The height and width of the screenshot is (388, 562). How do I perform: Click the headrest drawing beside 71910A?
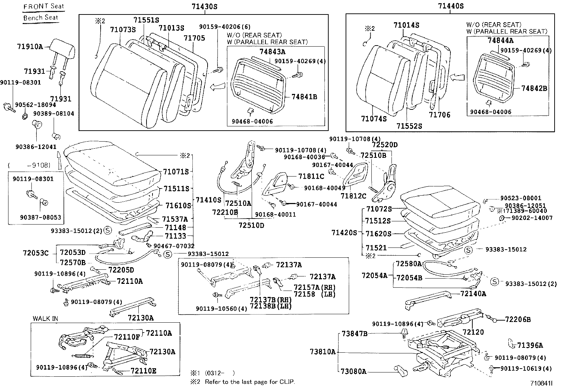point(62,48)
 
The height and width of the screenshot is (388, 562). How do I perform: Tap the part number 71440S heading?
point(450,6)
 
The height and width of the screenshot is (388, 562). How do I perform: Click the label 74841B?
point(304,97)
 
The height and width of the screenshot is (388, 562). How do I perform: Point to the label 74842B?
point(534,88)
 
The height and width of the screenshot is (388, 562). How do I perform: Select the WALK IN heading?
point(45,318)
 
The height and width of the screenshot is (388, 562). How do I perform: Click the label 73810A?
point(323,352)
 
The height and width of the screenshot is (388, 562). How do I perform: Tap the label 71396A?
point(530,345)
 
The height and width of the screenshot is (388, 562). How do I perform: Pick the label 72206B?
point(518,320)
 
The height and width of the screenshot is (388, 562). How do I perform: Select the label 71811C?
point(311,176)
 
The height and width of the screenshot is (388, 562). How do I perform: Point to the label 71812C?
point(354,196)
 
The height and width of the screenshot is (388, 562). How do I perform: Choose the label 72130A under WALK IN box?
point(162,352)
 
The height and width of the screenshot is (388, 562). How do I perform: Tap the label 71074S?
point(373,119)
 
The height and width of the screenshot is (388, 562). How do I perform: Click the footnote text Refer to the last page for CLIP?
point(250,382)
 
